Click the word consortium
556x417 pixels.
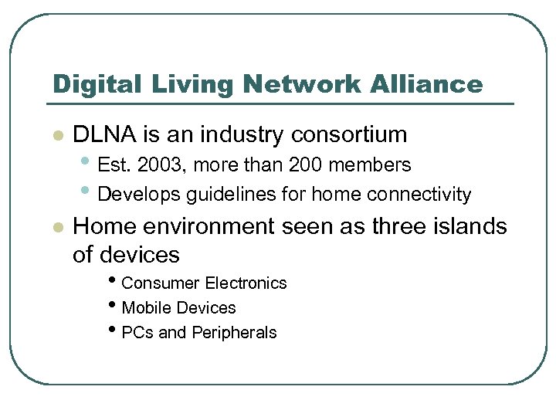(349, 134)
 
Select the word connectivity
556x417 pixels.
(419, 194)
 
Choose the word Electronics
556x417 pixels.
(246, 283)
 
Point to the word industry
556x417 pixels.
(242, 134)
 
